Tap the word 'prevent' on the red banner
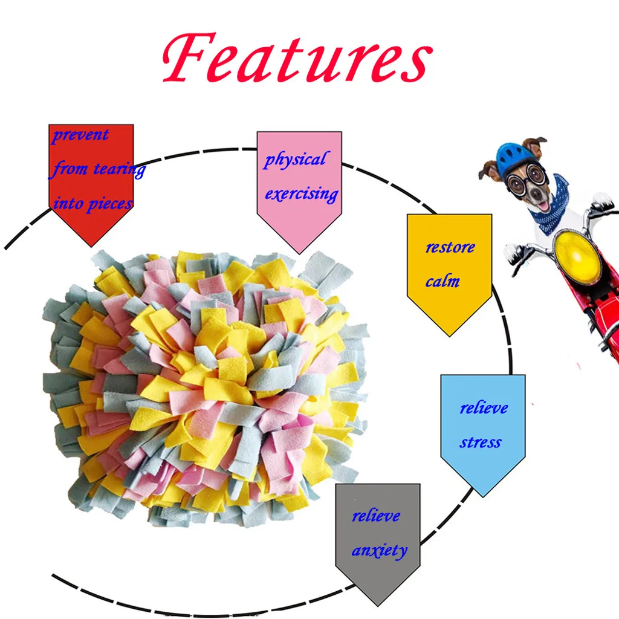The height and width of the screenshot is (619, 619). (x=80, y=135)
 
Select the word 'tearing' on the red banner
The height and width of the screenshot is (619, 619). (x=119, y=169)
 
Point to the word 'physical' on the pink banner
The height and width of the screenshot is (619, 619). (x=295, y=160)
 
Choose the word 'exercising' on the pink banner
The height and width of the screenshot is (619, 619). (x=301, y=195)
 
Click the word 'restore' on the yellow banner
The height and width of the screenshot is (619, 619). (x=450, y=247)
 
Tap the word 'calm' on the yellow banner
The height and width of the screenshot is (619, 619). (x=442, y=281)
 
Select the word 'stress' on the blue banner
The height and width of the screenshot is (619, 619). (x=480, y=442)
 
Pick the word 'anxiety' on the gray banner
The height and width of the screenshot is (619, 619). (x=379, y=551)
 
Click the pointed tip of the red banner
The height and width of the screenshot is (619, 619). (x=91, y=246)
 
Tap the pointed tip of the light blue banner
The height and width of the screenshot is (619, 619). (x=482, y=496)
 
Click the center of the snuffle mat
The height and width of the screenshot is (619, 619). (x=206, y=387)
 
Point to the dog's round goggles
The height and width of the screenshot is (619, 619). (x=525, y=180)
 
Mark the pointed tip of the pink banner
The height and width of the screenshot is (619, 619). (x=299, y=253)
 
